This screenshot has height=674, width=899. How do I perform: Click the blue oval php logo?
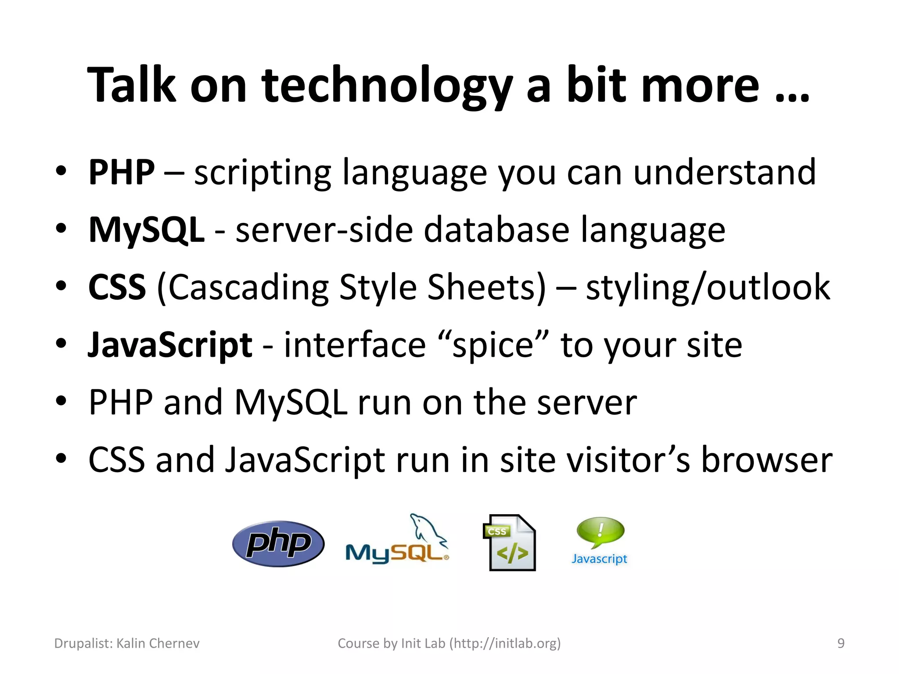click(278, 544)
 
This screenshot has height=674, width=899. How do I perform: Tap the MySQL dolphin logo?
click(397, 543)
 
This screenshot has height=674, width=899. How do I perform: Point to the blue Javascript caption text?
click(599, 559)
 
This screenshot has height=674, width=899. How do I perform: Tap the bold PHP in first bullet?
click(122, 172)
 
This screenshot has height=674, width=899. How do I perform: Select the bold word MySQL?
click(146, 229)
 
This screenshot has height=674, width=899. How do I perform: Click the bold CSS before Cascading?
click(117, 287)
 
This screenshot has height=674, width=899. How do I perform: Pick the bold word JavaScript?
click(170, 345)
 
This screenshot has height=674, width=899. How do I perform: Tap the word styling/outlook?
click(708, 287)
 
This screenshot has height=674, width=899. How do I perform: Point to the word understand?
click(724, 172)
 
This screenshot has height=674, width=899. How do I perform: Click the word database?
click(496, 229)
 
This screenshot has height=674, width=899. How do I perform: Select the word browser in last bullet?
click(766, 460)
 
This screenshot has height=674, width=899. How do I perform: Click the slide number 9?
click(841, 643)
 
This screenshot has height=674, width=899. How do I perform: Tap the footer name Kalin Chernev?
click(158, 643)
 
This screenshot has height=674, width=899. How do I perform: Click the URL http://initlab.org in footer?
click(505, 643)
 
